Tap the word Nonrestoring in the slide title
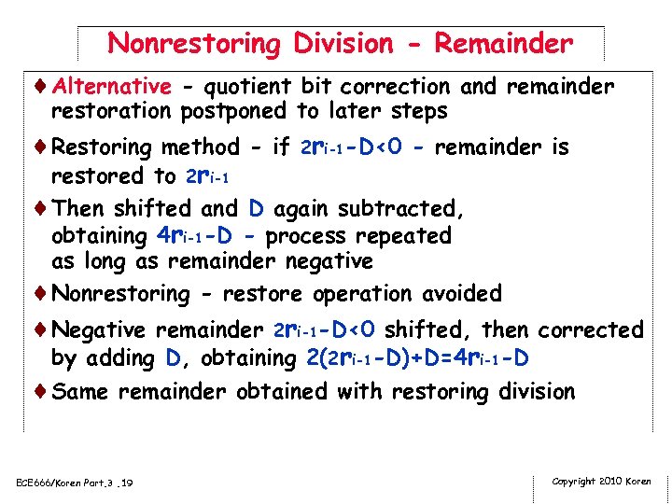(193, 43)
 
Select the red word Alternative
(112, 87)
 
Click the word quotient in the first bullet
(248, 87)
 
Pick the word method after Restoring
(201, 147)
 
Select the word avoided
(462, 294)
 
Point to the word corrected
(592, 330)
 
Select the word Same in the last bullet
(79, 392)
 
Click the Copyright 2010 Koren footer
(601, 481)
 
